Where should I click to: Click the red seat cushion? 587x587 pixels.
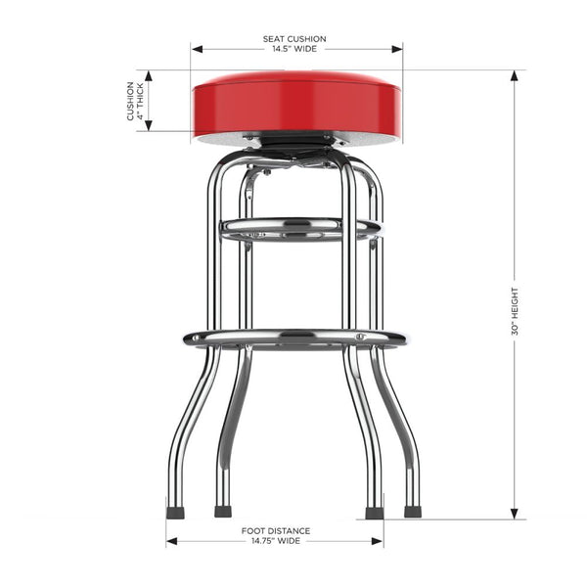296,103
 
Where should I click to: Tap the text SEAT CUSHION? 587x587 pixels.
294,39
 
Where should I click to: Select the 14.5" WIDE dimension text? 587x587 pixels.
294,49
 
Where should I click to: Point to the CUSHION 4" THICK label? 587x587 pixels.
136,101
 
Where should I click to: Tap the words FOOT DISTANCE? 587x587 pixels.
274,530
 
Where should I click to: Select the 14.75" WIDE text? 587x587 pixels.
274,540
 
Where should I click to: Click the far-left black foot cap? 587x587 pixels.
175,511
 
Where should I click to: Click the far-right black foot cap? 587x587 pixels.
413,511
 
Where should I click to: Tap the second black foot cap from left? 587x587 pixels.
223,511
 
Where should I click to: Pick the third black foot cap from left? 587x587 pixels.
373,512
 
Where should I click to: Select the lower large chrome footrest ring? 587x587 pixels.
294,339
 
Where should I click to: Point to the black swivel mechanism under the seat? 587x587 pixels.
296,144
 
